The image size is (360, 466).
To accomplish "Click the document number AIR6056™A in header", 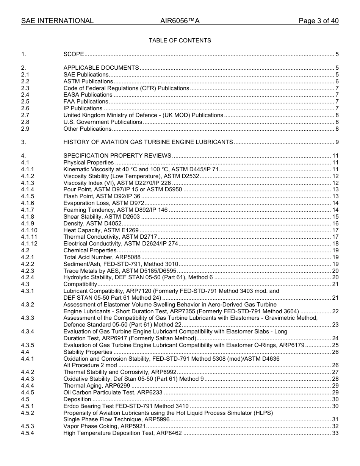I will tap(180, 21).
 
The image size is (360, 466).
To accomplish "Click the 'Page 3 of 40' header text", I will tap(318, 21).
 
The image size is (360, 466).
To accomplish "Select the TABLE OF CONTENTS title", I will tap(180, 41).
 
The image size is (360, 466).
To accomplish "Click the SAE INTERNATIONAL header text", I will tap(57, 21).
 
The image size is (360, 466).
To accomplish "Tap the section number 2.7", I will tap(25, 115).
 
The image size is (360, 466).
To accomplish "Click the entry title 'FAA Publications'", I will tap(86, 102).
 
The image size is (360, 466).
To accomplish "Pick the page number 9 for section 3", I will tap(337, 142).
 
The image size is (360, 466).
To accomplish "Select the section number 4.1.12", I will tap(29, 244).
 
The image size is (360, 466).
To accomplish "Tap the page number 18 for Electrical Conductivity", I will tap(335, 244).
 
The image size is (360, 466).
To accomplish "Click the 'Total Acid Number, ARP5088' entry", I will tap(102, 257).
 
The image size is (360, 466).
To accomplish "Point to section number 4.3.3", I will tap(27, 318).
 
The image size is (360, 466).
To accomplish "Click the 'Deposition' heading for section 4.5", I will tap(77, 399).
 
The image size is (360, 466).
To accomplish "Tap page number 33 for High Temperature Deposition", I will tap(335, 433).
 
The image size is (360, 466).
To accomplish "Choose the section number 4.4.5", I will tap(27, 393).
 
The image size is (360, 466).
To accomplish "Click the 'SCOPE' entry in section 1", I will tap(74, 54).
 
